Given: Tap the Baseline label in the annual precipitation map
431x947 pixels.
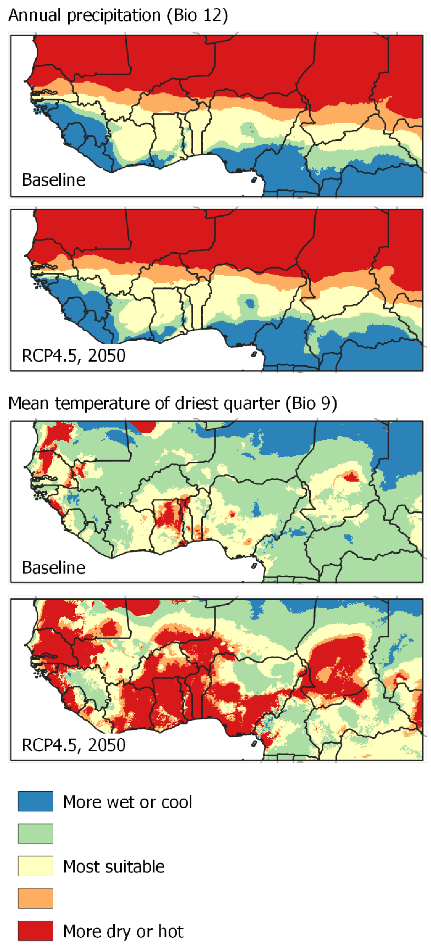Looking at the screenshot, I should (x=54, y=180).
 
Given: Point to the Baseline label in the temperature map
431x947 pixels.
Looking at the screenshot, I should (x=54, y=567).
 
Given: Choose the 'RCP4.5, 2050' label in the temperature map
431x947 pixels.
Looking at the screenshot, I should (x=73, y=745).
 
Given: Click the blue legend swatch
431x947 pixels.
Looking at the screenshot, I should (x=36, y=801).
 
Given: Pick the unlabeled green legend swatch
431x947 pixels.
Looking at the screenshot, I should (x=36, y=834).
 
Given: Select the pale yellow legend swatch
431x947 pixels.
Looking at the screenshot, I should (x=36, y=866).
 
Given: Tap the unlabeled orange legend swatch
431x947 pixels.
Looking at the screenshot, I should (x=36, y=898).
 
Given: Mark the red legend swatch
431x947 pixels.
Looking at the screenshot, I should (x=36, y=931).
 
